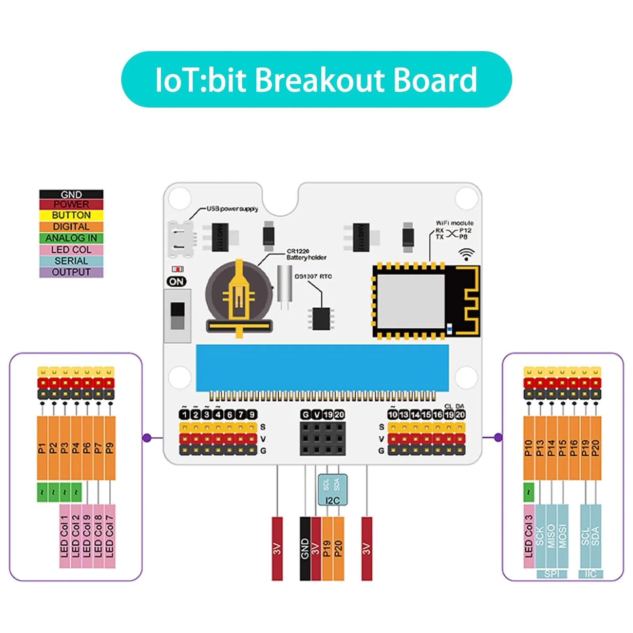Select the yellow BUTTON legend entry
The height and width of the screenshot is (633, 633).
[x=71, y=215]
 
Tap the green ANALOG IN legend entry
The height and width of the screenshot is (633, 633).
[x=71, y=238]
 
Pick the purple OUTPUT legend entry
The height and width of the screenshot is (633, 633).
[x=71, y=272]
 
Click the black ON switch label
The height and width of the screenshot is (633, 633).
[x=176, y=281]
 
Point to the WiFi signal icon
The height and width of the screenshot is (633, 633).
[x=466, y=254]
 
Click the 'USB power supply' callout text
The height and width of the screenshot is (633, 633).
[x=232, y=208]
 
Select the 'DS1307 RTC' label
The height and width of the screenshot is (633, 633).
[x=313, y=276]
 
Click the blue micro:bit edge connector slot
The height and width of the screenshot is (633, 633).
[x=322, y=368]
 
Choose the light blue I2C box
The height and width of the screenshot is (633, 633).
[x=333, y=490]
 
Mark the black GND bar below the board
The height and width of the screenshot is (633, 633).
[x=305, y=548]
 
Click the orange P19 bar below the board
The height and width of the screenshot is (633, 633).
[x=327, y=548]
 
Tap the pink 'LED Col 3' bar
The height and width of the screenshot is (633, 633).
[x=529, y=536]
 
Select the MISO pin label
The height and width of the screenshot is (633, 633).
[x=551, y=536]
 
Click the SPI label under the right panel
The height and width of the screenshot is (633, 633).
[x=552, y=574]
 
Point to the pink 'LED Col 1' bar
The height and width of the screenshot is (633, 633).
[x=64, y=536]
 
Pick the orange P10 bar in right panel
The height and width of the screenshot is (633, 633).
[x=529, y=448]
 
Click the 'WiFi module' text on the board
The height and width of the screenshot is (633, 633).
[x=455, y=223]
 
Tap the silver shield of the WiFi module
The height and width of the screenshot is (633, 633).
[x=410, y=300]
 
